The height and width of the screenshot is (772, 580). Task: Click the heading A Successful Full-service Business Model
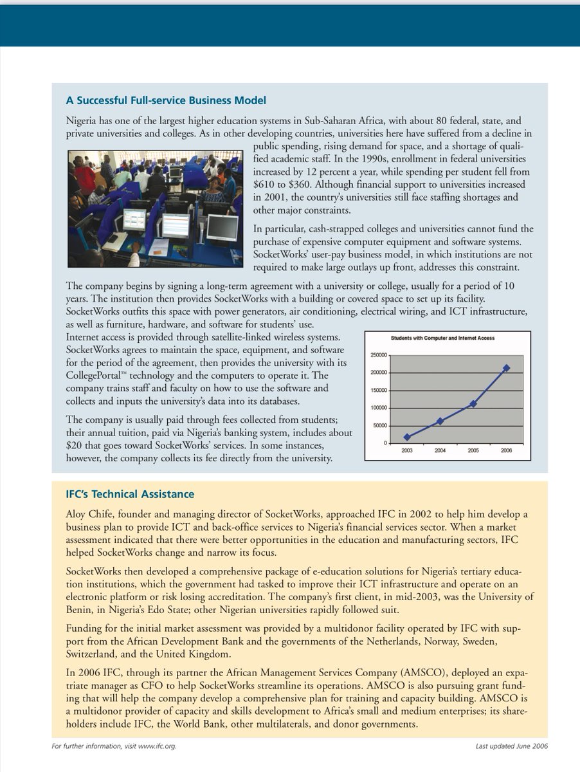[166, 100]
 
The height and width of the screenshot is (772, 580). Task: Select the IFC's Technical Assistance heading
[130, 494]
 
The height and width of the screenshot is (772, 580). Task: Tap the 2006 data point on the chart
[507, 368]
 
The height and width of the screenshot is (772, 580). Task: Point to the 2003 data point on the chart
[407, 437]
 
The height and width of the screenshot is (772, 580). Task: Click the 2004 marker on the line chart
[440, 421]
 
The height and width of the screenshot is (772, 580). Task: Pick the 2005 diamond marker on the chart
[473, 403]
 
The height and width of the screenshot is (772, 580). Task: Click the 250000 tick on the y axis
[378, 355]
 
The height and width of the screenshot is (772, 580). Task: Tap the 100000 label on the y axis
[378, 408]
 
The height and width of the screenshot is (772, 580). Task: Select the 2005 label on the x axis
[473, 451]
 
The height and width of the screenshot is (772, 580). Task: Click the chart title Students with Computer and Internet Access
[443, 338]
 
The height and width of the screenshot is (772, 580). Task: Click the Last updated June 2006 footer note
[511, 746]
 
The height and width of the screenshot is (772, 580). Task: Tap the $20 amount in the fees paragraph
[76, 445]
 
